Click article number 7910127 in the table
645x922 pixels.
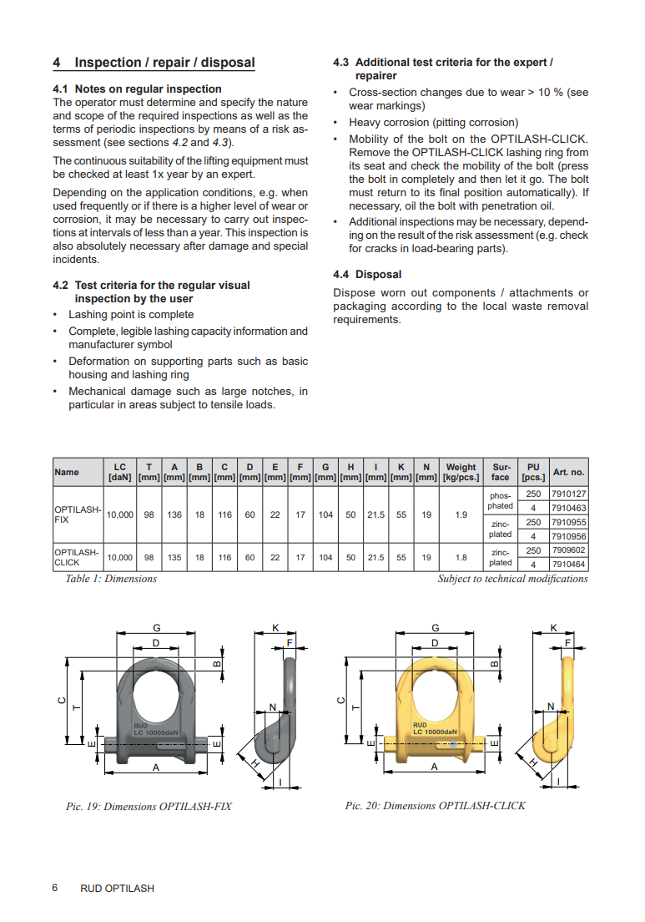(x=568, y=494)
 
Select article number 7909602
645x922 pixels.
(x=568, y=550)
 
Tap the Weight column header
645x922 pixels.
(x=461, y=472)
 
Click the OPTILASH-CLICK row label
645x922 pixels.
(x=77, y=557)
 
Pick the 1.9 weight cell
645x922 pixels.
(x=461, y=514)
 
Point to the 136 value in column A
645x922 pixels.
(x=174, y=514)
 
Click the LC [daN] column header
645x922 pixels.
(x=120, y=472)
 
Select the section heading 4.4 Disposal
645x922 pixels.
(x=367, y=275)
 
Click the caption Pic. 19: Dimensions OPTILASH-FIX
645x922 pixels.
(x=149, y=807)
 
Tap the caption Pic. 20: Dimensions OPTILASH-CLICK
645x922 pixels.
(x=436, y=806)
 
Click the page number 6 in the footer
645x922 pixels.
(x=54, y=888)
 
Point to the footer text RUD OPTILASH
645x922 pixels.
(x=118, y=889)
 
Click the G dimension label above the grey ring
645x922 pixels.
(x=157, y=628)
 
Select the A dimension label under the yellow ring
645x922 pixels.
(x=434, y=767)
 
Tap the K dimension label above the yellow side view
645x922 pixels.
(x=553, y=628)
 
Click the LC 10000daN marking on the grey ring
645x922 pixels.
(x=156, y=732)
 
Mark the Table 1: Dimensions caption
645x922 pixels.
(x=111, y=579)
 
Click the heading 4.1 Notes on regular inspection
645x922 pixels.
(x=137, y=89)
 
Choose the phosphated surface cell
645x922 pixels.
(x=500, y=501)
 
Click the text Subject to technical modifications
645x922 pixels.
(x=513, y=579)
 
